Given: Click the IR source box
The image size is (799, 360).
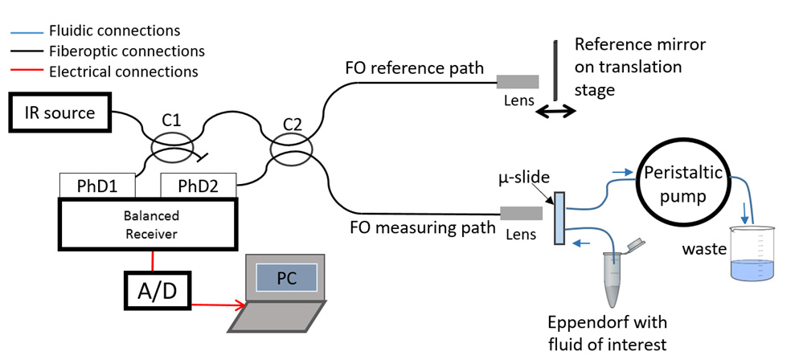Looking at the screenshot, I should pos(58,112).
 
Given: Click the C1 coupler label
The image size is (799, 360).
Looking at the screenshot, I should pos(171,121).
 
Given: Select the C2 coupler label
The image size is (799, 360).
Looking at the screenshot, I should pos(293,125).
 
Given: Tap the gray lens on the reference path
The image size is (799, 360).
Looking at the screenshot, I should pos(518,81).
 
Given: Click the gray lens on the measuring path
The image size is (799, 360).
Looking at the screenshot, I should pos(522,213).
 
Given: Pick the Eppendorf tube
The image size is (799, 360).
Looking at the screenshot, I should pos(613,277).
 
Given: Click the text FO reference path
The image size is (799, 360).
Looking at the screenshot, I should pos(414,67).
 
